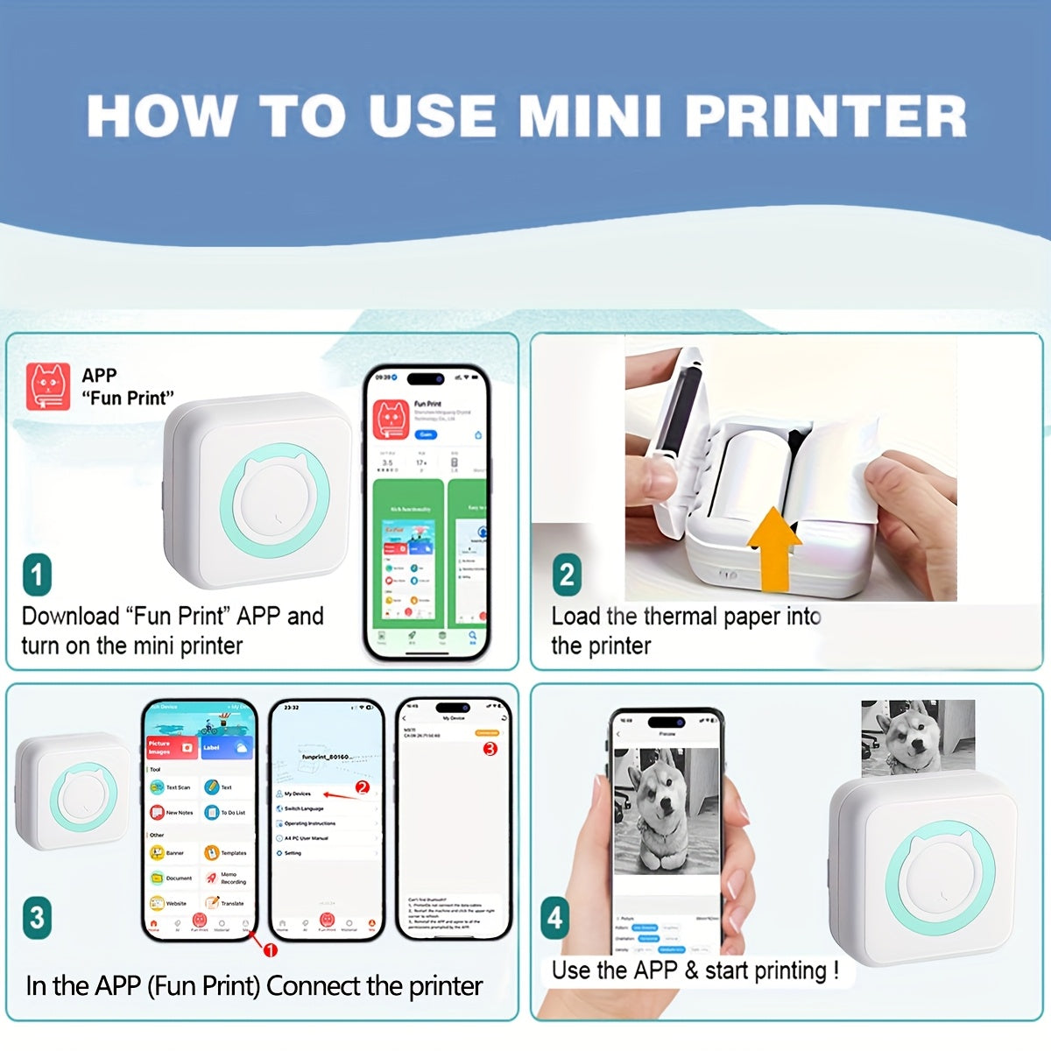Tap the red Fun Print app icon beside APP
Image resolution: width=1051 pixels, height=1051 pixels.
tap(49, 387)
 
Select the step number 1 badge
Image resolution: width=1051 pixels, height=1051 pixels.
tap(37, 575)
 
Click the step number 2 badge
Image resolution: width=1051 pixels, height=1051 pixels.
tap(567, 575)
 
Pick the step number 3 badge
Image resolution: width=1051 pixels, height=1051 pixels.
tap(37, 917)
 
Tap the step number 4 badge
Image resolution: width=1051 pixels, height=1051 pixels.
tap(554, 917)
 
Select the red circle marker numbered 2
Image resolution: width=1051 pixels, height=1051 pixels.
tap(363, 787)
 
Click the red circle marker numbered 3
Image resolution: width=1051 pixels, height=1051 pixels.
tap(490, 749)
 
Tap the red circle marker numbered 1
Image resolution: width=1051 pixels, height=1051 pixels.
tap(271, 950)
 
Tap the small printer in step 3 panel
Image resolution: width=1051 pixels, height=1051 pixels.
tap(73, 791)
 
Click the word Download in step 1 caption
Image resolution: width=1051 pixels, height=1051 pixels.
tap(70, 616)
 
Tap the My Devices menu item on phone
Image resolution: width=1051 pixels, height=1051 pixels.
tap(298, 794)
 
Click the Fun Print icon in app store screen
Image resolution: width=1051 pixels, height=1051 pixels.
tap(391, 419)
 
